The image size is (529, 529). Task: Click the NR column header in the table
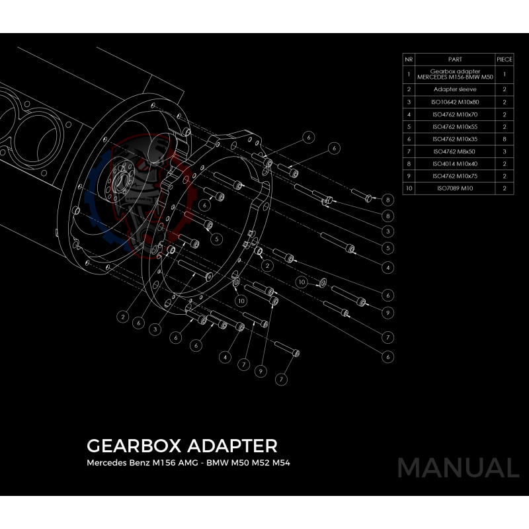[409, 59]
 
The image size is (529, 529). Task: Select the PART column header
[455, 59]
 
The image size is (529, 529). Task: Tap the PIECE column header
[505, 59]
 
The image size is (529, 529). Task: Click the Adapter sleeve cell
[455, 89]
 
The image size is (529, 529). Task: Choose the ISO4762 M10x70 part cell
[455, 114]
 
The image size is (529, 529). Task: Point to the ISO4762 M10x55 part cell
[455, 126]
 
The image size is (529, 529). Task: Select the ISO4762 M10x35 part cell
[455, 139]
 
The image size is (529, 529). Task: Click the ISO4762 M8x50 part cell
[455, 151]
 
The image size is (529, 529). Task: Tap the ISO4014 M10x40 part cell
[455, 163]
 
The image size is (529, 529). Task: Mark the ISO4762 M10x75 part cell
[455, 176]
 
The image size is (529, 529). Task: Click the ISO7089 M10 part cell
[455, 188]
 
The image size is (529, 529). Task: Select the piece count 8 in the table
[505, 139]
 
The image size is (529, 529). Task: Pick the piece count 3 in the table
[505, 151]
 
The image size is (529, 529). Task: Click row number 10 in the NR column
[409, 188]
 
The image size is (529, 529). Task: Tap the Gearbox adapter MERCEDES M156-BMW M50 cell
[455, 73]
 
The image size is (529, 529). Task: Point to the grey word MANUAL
[458, 468]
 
